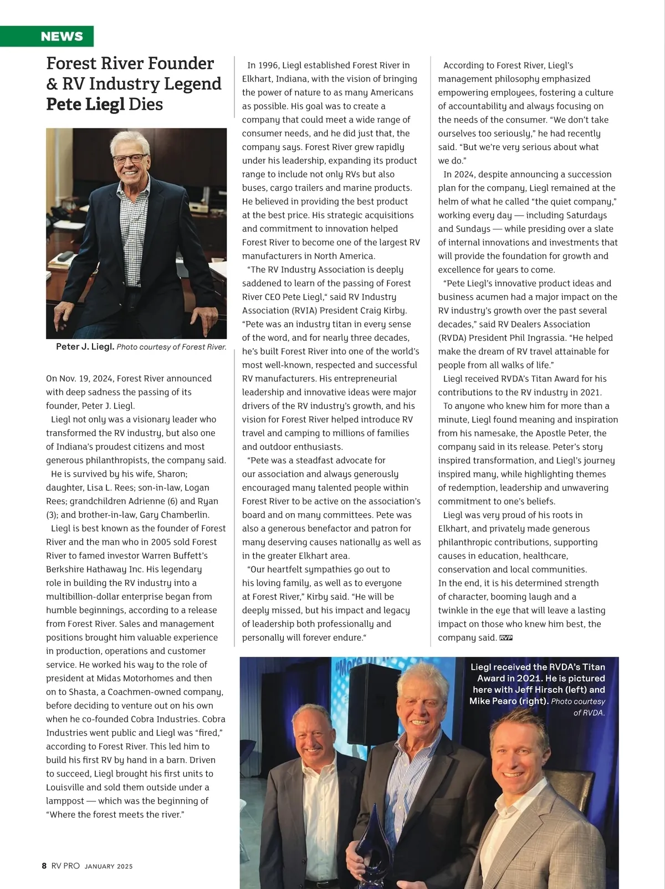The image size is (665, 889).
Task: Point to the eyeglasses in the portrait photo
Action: [129, 159]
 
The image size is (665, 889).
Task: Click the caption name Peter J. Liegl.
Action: [85, 347]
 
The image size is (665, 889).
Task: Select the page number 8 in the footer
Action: [44, 866]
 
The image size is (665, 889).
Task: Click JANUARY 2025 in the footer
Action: [109, 866]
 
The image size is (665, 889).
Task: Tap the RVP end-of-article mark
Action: [505, 638]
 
